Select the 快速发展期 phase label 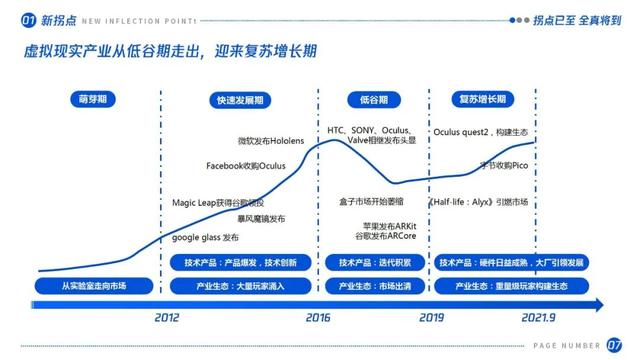tap(239, 100)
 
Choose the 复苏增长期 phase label tap(483, 99)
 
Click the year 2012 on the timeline tap(167, 317)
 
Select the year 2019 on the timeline tap(431, 317)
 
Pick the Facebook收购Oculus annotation tap(246, 165)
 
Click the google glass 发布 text tap(205, 238)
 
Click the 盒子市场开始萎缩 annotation tap(371, 201)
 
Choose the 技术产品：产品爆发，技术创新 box tap(239, 263)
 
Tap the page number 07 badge tap(614, 345)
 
